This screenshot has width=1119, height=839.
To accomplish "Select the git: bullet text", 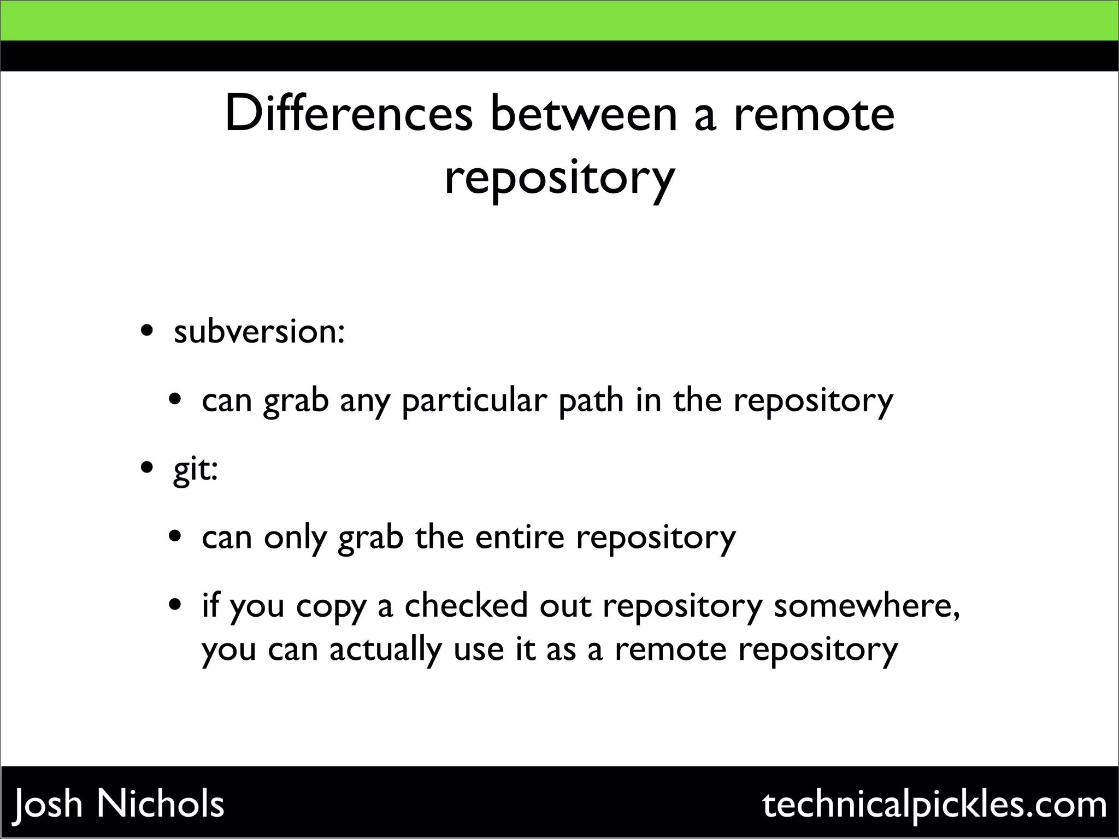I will coord(196,470).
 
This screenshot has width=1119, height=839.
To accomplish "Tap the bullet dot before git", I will coord(146,469).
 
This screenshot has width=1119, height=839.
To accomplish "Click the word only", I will coord(295,538).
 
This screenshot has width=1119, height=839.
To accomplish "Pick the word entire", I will coord(520,537).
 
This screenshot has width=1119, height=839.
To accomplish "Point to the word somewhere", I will coord(867,606).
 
